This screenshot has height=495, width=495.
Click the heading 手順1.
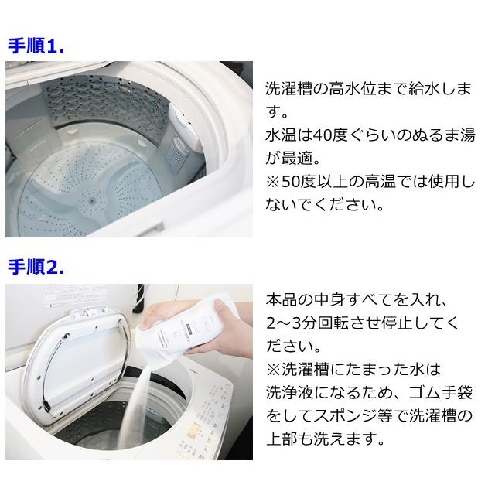click(36, 46)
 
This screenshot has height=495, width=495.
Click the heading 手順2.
click(36, 268)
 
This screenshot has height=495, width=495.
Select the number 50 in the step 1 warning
click(290, 182)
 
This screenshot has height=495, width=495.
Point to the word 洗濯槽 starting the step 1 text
click(288, 89)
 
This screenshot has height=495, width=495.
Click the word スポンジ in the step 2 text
click(345, 415)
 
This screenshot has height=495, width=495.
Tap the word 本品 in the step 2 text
click(282, 299)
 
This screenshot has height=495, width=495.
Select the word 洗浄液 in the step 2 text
click(289, 392)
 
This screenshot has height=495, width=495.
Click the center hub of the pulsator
click(92, 200)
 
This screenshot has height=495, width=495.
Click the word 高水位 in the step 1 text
click(353, 89)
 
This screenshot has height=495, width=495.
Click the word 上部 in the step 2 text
click(282, 439)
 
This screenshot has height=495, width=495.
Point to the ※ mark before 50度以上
click(273, 182)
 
